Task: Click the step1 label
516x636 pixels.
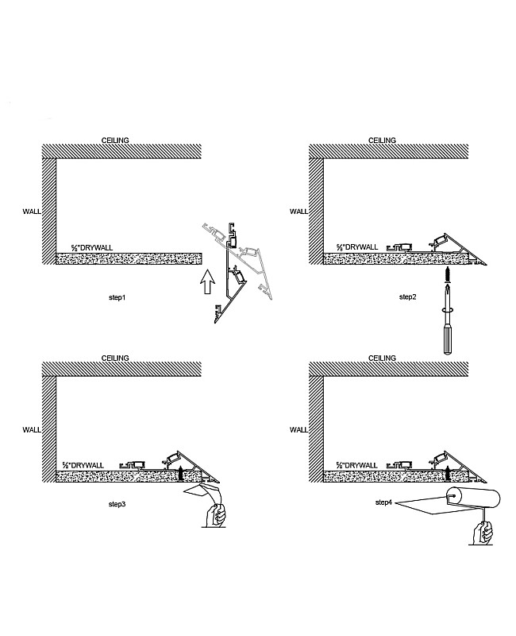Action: pyautogui.click(x=117, y=297)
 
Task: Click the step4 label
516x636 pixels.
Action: pyautogui.click(x=384, y=503)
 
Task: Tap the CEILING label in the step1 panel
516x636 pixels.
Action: pyautogui.click(x=115, y=140)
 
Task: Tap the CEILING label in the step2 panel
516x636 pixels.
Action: pyautogui.click(x=382, y=140)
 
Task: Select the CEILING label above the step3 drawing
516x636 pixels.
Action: pyautogui.click(x=115, y=359)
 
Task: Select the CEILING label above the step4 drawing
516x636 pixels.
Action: pyautogui.click(x=382, y=359)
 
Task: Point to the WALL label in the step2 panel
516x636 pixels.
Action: pyautogui.click(x=298, y=211)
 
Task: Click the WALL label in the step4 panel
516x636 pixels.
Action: pyautogui.click(x=298, y=429)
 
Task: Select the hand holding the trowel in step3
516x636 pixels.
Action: pyautogui.click(x=214, y=517)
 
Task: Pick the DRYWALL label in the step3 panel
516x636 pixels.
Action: pyautogui.click(x=90, y=464)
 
